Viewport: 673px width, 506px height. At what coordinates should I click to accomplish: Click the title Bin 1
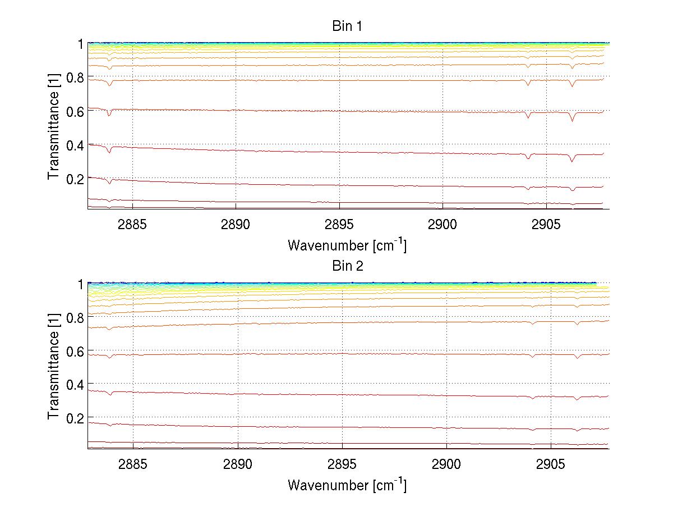(347, 26)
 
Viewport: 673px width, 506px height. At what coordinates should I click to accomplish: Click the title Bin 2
(347, 266)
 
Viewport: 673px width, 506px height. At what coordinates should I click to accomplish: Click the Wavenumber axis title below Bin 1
(347, 245)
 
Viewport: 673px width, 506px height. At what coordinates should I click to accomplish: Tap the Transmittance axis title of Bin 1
(54, 126)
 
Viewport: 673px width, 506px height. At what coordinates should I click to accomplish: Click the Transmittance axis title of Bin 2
(54, 366)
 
